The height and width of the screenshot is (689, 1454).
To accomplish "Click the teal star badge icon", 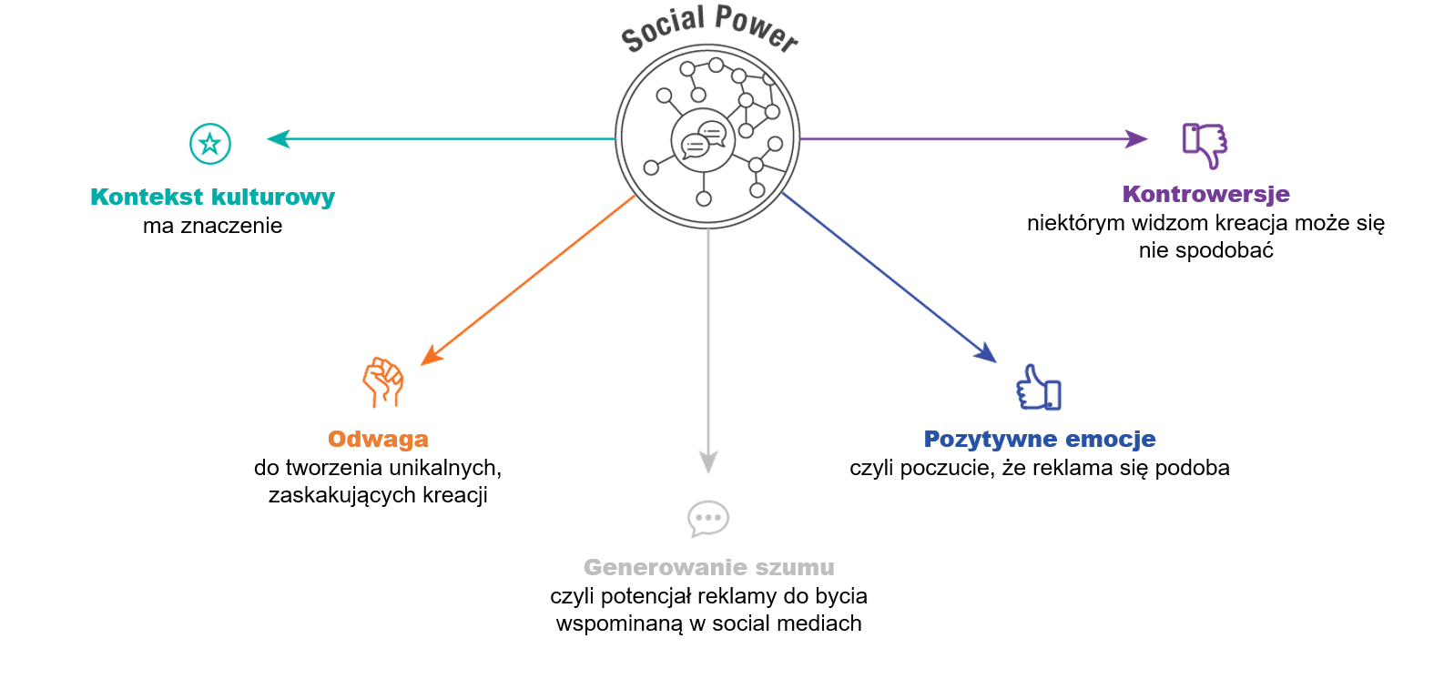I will pos(210,144).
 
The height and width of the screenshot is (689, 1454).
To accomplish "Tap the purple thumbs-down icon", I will pos(1205,144).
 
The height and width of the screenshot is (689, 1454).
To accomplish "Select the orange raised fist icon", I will pos(383,381).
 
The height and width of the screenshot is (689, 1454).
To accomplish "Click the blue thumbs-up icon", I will pos(1039,389).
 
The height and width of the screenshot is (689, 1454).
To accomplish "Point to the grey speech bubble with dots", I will pos(708,518).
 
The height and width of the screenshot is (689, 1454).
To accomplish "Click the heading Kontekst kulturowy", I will pos(212,197).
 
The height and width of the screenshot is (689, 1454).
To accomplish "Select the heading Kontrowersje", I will pos(1205,194).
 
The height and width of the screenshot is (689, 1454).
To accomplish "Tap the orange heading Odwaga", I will pos(378,439).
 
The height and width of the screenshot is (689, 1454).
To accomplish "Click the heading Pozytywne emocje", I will pos(1039,439).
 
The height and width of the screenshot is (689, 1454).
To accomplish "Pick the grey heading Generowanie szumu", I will pos(708,567).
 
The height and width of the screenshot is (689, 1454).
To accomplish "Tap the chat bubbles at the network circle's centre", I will pos(704,140).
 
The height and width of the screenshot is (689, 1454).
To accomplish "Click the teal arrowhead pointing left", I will pos(278,138).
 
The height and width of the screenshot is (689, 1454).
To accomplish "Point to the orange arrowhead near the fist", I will pos(432,354).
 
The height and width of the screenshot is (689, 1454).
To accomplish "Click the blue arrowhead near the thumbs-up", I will pos(986,352).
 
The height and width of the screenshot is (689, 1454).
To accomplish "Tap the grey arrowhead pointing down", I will pos(708,462).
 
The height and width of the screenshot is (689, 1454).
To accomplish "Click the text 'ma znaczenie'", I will pos(212,226).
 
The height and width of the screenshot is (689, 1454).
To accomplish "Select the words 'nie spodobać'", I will pos(1205,250).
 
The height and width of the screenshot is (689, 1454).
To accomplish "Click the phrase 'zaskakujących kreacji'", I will pos(378,495).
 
